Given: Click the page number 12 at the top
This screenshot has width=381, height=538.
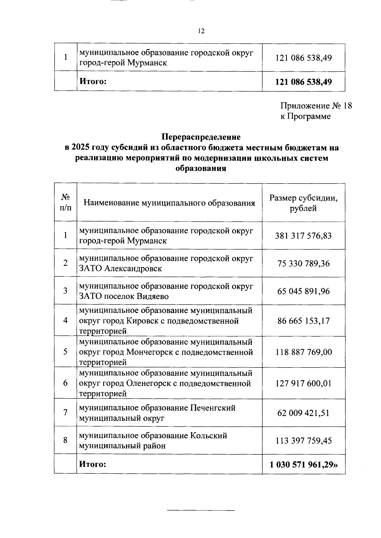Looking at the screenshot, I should pyautogui.click(x=201, y=31).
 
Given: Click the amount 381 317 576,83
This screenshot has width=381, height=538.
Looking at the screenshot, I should pyautogui.click(x=303, y=236).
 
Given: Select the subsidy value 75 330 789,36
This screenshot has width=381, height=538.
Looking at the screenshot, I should pyautogui.click(x=303, y=263).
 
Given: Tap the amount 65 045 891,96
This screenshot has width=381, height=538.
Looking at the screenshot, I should pyautogui.click(x=303, y=291).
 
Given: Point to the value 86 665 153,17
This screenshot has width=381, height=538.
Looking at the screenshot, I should pyautogui.click(x=303, y=321).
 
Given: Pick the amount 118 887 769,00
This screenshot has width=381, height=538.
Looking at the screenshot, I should pyautogui.click(x=303, y=352).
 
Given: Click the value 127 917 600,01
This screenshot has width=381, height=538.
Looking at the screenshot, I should pyautogui.click(x=303, y=383).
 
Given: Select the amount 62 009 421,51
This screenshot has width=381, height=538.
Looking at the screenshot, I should pyautogui.click(x=303, y=413).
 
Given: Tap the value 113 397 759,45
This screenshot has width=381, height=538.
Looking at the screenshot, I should pyautogui.click(x=303, y=441).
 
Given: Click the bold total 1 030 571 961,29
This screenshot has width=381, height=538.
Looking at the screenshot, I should pyautogui.click(x=303, y=464).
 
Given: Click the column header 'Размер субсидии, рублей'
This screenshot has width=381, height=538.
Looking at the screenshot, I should pyautogui.click(x=303, y=203).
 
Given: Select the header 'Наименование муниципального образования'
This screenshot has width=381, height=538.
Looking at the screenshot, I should pyautogui.click(x=169, y=203).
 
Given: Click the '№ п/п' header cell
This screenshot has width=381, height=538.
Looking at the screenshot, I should pyautogui.click(x=65, y=203).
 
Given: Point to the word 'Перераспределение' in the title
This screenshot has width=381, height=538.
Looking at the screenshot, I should pyautogui.click(x=201, y=137).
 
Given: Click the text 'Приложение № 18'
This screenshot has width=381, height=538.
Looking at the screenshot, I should pyautogui.click(x=316, y=106).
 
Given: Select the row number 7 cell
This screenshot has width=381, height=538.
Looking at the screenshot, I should pyautogui.click(x=65, y=413).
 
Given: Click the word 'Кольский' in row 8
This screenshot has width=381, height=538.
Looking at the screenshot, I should pyautogui.click(x=209, y=436).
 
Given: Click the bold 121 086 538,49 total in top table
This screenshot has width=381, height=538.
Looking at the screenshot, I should pyautogui.click(x=303, y=82).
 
